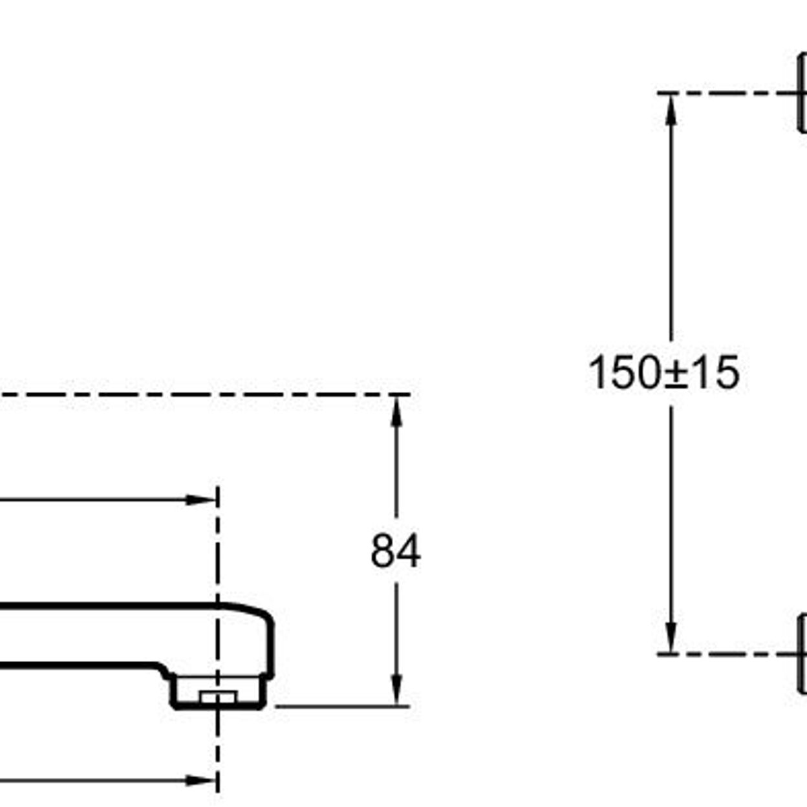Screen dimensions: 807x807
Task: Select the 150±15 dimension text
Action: click(x=664, y=372)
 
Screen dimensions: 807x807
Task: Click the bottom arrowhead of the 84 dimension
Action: click(x=396, y=690)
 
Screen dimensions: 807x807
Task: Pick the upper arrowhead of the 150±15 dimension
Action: click(x=671, y=109)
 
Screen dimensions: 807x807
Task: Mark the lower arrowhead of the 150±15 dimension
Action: click(x=671, y=637)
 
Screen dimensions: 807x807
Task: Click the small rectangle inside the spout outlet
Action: click(x=218, y=696)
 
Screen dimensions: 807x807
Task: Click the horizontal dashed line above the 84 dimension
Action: click(x=205, y=394)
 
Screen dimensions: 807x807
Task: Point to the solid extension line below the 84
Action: click(x=342, y=707)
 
